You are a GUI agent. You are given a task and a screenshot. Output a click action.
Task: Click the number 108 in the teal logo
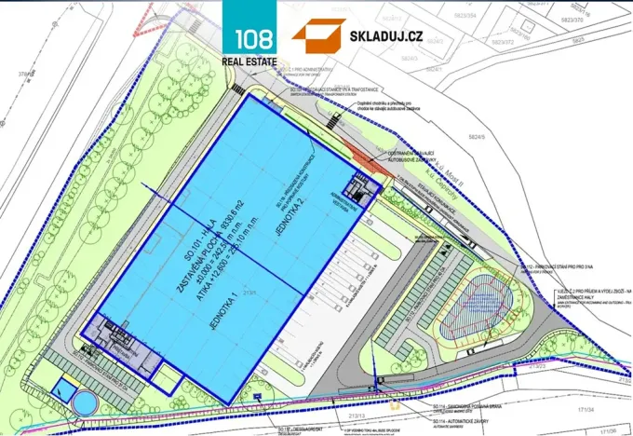(249, 40)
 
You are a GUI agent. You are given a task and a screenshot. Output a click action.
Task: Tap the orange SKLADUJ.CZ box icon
(318, 35)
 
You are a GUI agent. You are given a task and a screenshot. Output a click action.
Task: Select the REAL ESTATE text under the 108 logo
(249, 62)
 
